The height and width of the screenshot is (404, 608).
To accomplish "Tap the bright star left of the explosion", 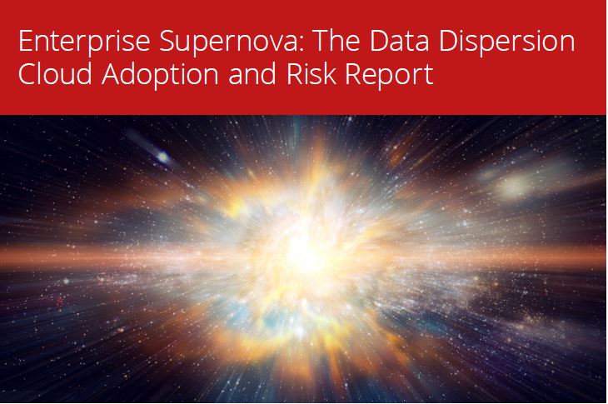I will [x=161, y=157].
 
